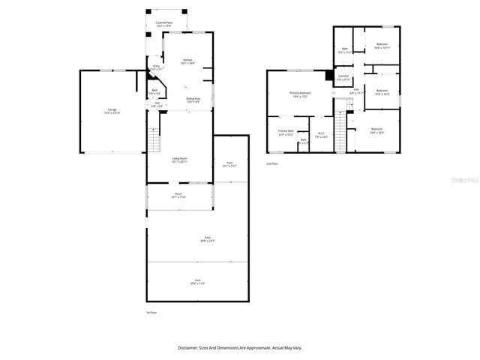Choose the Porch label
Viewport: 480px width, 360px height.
[x=178, y=195]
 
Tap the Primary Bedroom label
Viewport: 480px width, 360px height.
[x=300, y=94]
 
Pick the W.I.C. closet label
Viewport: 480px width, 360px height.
[x=321, y=136]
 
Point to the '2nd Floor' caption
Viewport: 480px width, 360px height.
[x=271, y=163]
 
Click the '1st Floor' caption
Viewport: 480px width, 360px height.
[x=151, y=312]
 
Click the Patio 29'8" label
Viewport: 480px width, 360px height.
[x=206, y=239]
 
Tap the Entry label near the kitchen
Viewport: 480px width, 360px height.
[x=156, y=67]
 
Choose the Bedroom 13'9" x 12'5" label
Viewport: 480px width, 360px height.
[x=376, y=131]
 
